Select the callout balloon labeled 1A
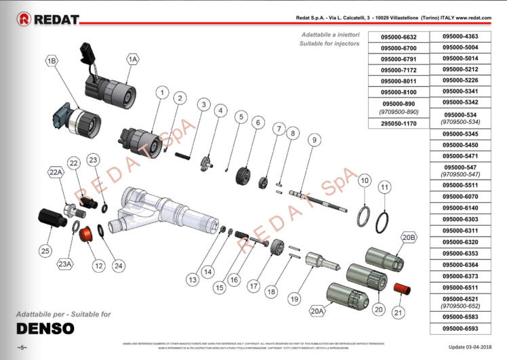click(133, 60)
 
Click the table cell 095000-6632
click(399, 37)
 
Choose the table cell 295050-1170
click(399, 123)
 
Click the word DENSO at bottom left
click(45, 329)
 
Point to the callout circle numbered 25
click(45, 251)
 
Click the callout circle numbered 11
click(384, 187)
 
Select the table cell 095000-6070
click(460, 195)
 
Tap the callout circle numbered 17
click(254, 285)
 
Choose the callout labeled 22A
click(56, 173)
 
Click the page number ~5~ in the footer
click(22, 348)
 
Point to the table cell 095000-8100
click(399, 92)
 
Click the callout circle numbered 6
click(258, 123)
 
